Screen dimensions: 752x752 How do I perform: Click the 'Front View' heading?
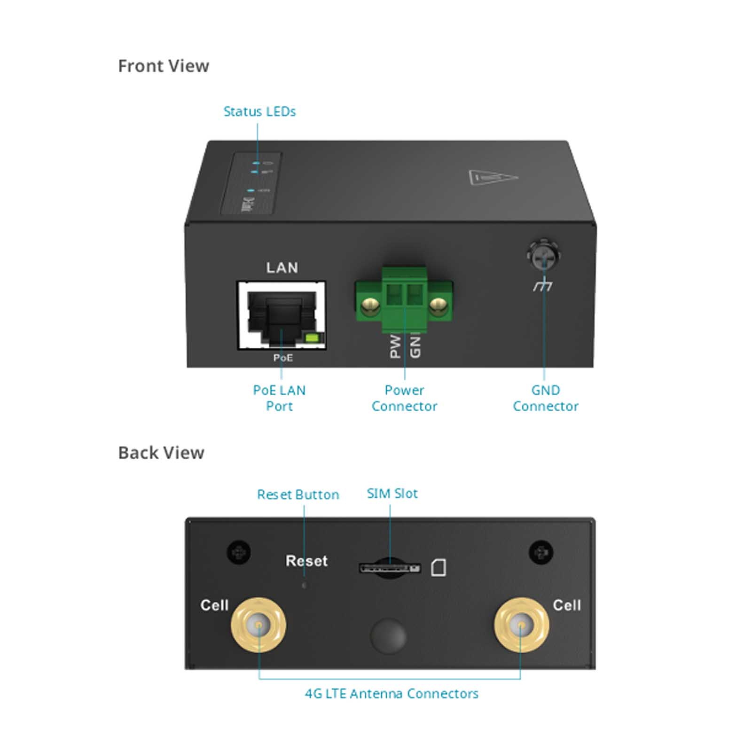point(163,66)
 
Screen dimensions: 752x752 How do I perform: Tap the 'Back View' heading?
point(161,453)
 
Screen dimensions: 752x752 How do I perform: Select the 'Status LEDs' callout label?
point(259,112)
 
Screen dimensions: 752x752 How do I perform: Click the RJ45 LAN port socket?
point(281,315)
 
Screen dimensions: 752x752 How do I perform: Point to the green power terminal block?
point(404,300)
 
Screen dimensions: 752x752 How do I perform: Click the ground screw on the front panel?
point(543,256)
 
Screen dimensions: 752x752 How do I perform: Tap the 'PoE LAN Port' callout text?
point(279,398)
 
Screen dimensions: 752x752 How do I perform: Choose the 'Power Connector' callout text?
point(404,398)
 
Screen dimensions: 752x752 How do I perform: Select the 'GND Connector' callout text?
point(545,398)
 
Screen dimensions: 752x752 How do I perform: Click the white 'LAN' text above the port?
point(282,268)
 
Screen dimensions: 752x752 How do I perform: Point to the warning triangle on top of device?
point(493,178)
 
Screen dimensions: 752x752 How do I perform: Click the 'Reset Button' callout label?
point(298,494)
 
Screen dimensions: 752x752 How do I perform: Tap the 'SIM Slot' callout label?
point(392,493)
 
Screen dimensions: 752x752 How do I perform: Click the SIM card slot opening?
point(389,568)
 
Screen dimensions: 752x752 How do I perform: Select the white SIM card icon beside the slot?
point(439,568)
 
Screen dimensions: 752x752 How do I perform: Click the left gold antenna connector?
point(258,625)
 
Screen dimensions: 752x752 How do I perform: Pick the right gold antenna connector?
point(521,625)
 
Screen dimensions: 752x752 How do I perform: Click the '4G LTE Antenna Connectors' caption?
point(392,694)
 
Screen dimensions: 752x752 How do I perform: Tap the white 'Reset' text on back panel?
point(306,561)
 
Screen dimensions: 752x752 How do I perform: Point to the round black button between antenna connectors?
point(388,635)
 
